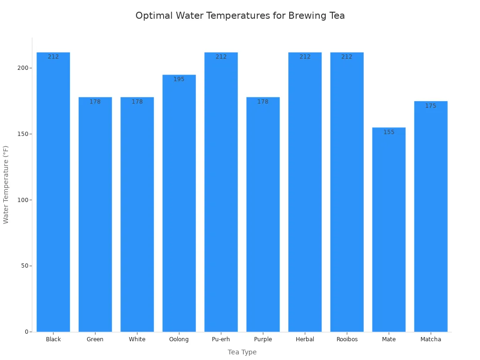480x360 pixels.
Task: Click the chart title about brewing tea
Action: point(240,16)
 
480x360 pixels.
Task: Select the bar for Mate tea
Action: point(389,230)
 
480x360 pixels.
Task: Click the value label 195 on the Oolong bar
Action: point(179,79)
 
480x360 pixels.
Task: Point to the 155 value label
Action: point(389,132)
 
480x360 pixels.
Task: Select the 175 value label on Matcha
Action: point(430,106)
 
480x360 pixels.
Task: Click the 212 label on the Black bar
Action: point(53,57)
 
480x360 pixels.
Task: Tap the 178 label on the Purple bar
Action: point(263,102)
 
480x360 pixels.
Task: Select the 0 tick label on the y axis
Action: point(27,332)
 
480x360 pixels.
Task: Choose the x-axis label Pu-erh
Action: point(221,339)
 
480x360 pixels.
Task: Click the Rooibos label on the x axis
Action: point(347,339)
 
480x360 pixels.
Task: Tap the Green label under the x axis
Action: point(95,339)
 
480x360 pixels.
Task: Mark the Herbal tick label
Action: point(305,339)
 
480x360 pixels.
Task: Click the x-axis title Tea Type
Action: point(242,352)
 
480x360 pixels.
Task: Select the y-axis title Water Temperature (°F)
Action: point(6,185)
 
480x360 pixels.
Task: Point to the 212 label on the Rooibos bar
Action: point(347,57)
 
